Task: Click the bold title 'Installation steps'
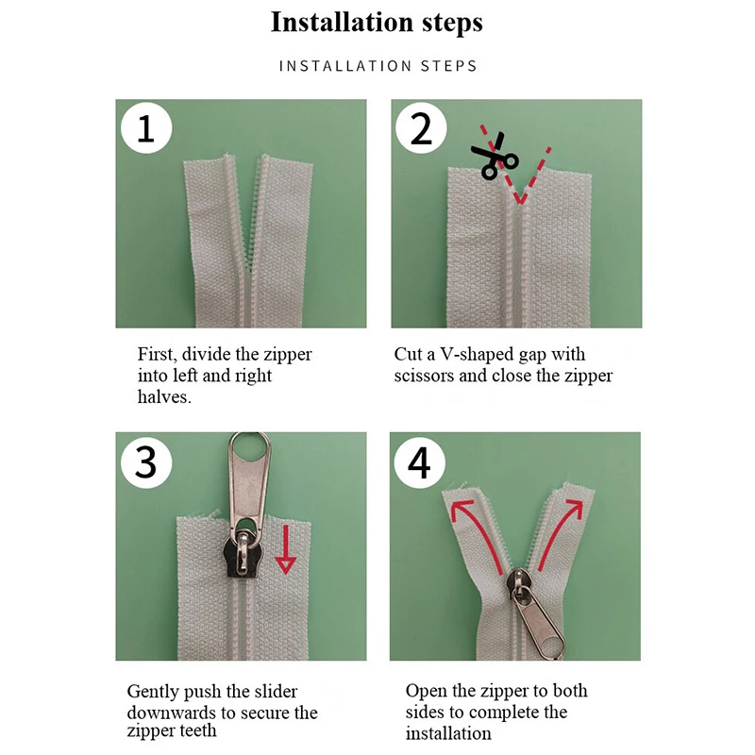coord(377,22)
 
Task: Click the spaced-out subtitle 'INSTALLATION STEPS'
coord(378,65)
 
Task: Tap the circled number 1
coord(146,128)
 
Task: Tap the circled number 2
coord(421,128)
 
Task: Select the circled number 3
coord(146,462)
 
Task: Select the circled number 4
coord(419,462)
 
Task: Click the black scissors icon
coord(495,156)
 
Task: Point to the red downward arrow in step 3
coord(285,549)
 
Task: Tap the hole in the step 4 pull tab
coord(553,646)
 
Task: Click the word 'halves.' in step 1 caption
coord(164,396)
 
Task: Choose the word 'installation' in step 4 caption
coord(448,734)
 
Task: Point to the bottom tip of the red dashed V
coord(520,202)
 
